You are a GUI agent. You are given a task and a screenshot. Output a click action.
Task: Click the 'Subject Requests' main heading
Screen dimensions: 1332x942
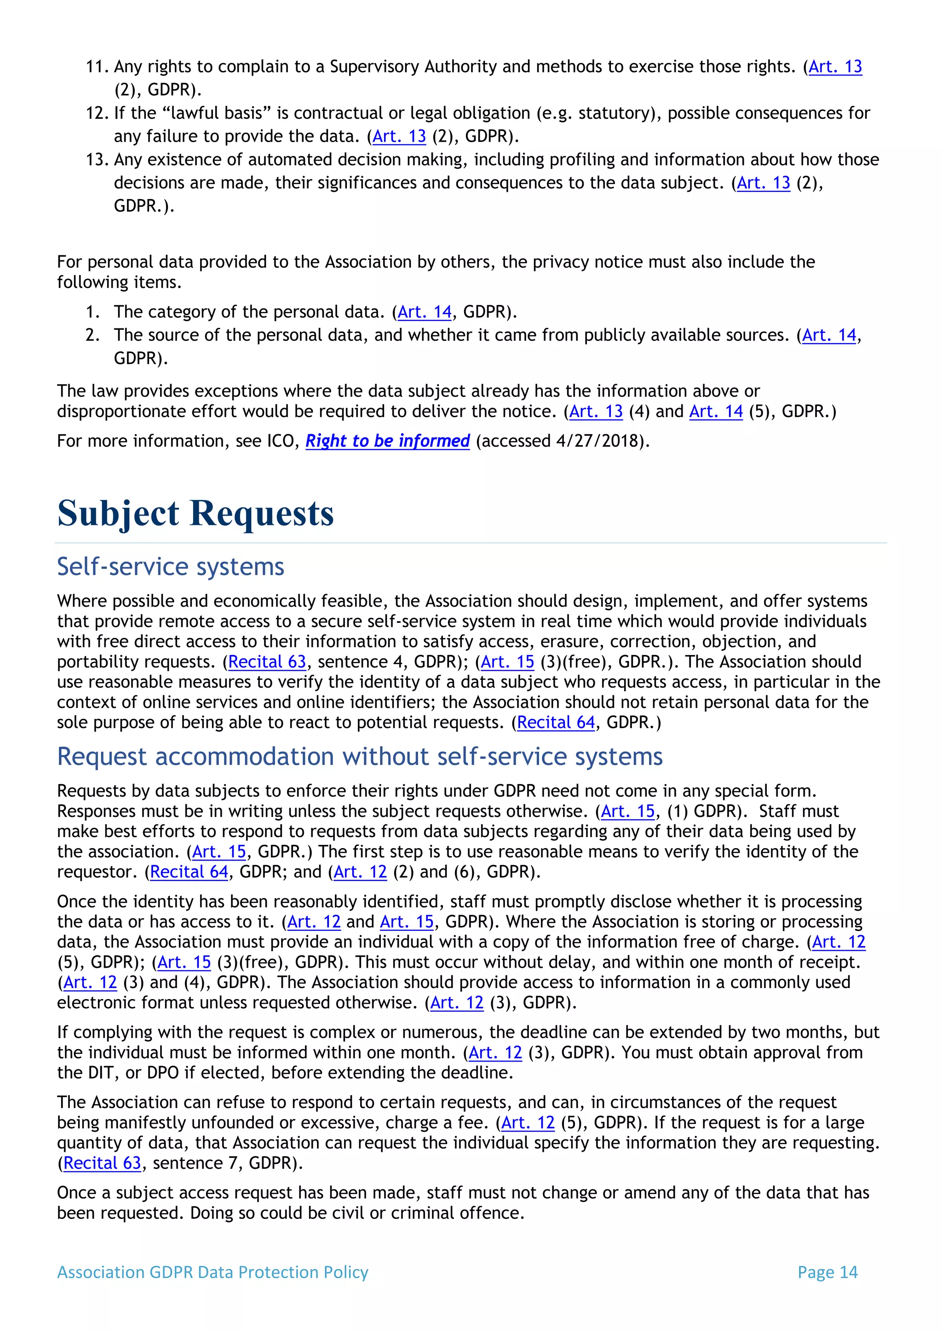click(195, 513)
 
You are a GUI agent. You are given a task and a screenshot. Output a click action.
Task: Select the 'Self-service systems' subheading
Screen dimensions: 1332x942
click(171, 567)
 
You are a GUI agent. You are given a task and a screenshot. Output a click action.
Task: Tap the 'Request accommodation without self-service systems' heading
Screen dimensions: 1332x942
click(360, 757)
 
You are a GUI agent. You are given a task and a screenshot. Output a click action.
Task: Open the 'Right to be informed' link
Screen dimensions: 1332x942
click(387, 441)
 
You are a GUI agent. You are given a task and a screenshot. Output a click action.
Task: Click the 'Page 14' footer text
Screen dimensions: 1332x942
click(827, 1272)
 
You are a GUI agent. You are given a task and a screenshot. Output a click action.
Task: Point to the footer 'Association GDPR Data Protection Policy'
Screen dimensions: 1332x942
click(213, 1272)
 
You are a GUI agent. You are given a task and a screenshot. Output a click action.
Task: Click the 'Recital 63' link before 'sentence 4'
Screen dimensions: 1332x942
click(267, 662)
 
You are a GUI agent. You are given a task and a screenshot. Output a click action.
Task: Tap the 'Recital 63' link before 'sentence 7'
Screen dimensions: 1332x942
click(102, 1163)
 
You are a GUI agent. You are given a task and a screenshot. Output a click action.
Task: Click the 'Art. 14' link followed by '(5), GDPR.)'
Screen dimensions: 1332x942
click(716, 411)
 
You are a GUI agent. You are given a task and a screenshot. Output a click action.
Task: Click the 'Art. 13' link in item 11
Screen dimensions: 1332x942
click(835, 67)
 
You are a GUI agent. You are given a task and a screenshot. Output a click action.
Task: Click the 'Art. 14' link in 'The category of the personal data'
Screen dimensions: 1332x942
click(425, 312)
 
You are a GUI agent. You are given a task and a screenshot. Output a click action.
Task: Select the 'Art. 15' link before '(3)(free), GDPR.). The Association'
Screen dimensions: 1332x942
click(507, 662)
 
